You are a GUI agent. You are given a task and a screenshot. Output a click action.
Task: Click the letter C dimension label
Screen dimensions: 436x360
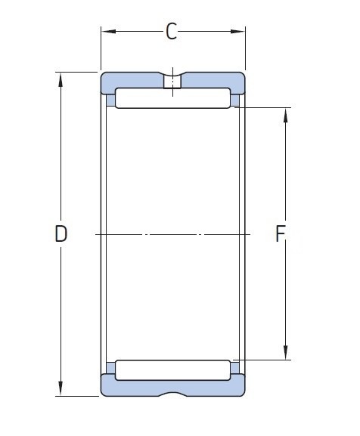[x=172, y=32]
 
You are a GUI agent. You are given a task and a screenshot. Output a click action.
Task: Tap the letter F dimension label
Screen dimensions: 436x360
[x=279, y=235]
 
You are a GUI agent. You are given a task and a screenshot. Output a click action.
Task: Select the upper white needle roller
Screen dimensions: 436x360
[x=173, y=98]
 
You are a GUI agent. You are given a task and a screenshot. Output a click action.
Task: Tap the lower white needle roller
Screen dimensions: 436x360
[x=173, y=370]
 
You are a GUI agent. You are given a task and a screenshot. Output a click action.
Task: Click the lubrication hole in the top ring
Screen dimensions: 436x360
[x=173, y=81]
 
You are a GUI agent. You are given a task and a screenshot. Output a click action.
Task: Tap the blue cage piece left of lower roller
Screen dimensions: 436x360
[x=110, y=369]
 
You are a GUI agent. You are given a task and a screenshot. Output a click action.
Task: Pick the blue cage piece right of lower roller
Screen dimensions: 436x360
[x=235, y=369]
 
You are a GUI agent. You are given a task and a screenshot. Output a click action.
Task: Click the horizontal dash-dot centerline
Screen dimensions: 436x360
[x=173, y=235]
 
